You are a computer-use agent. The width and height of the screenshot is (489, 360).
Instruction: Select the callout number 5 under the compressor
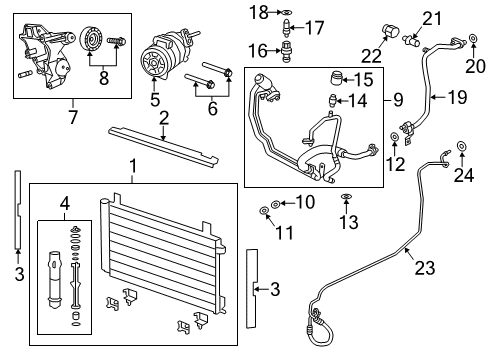point(154,99)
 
